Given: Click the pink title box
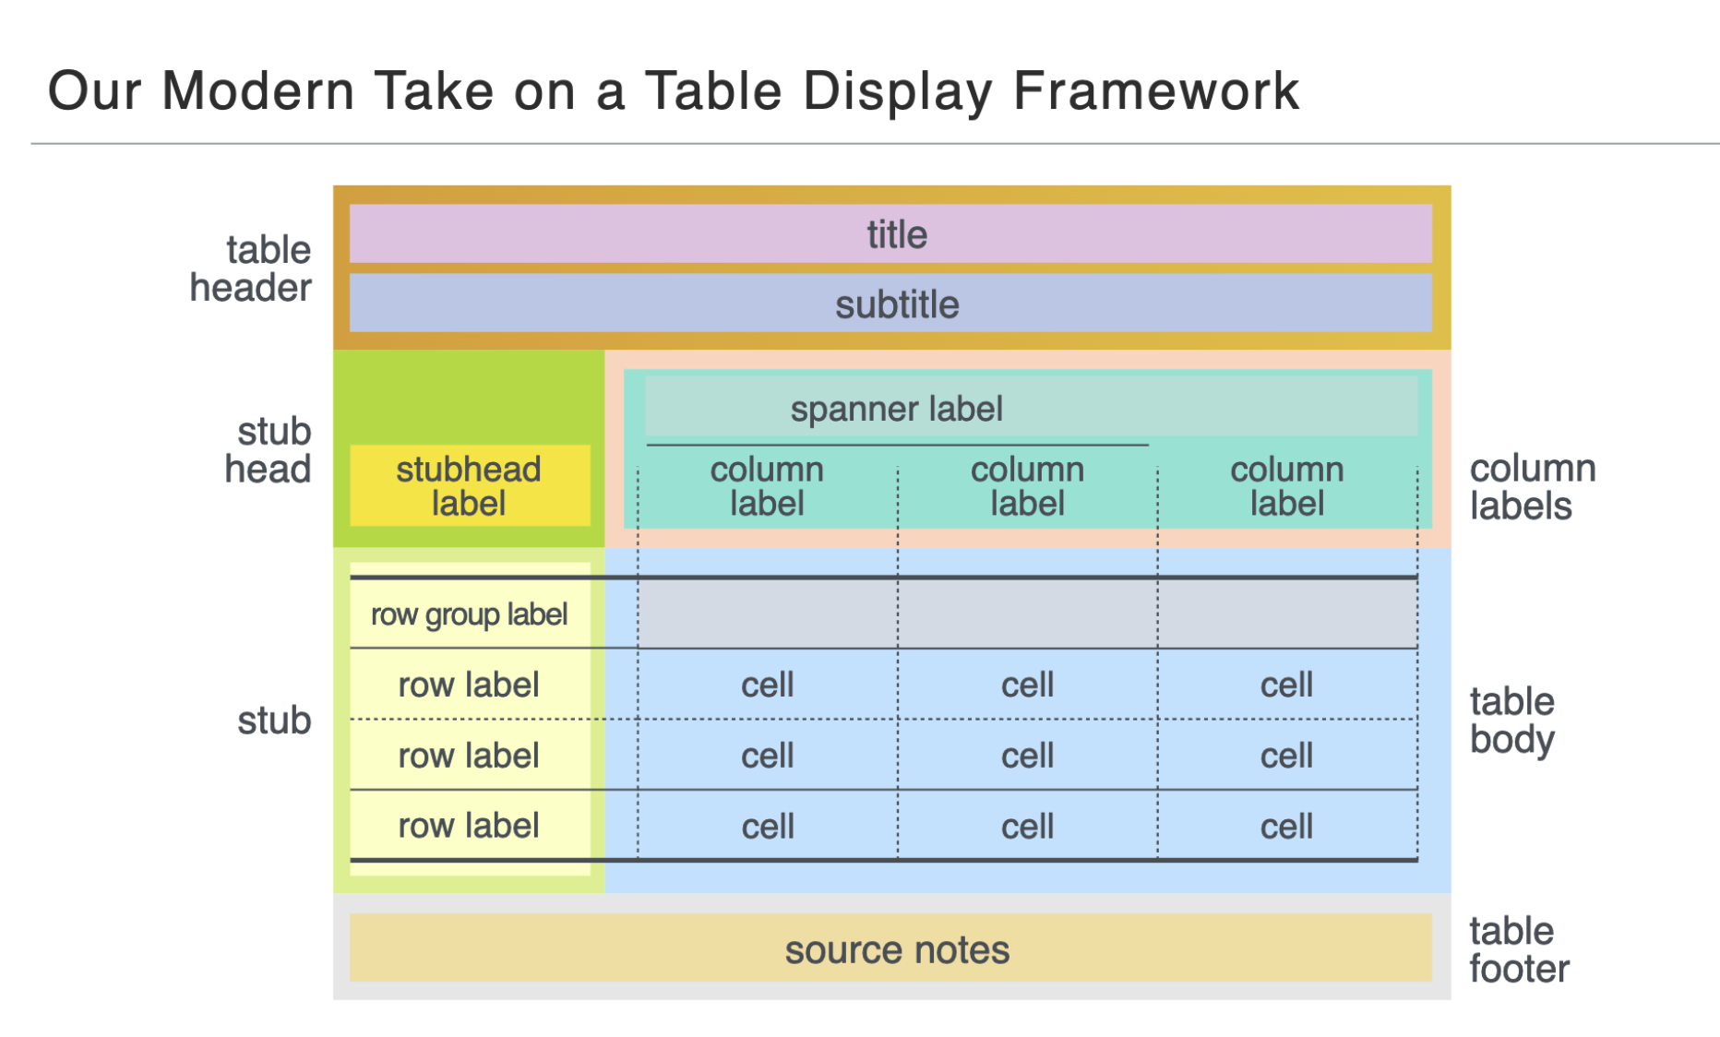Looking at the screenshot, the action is pyautogui.click(x=890, y=233).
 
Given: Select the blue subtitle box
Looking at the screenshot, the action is pyautogui.click(x=890, y=303).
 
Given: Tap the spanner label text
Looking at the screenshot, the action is pyautogui.click(x=896, y=409).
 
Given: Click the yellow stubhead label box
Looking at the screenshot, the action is pyautogui.click(x=470, y=485).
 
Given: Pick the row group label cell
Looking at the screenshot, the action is pyautogui.click(x=470, y=614).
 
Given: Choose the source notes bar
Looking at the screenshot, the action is pyautogui.click(x=890, y=948).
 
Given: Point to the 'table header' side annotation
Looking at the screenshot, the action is pyautogui.click(x=251, y=268).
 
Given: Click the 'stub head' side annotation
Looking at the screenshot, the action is pyautogui.click(x=269, y=450).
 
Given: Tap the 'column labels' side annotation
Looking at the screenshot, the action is pyautogui.click(x=1533, y=487).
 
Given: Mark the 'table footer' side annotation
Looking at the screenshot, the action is pyautogui.click(x=1519, y=950).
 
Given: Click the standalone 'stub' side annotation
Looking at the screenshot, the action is pyautogui.click(x=274, y=721).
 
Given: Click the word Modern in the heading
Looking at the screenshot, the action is pyautogui.click(x=258, y=91).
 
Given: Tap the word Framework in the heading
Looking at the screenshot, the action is pyautogui.click(x=1156, y=91).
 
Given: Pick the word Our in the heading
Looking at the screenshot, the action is pyautogui.click(x=94, y=91).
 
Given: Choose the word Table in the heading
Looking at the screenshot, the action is pyautogui.click(x=714, y=91).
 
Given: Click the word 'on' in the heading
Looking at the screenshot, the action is pyautogui.click(x=544, y=96).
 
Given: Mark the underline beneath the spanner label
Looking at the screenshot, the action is pyautogui.click(x=898, y=445).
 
